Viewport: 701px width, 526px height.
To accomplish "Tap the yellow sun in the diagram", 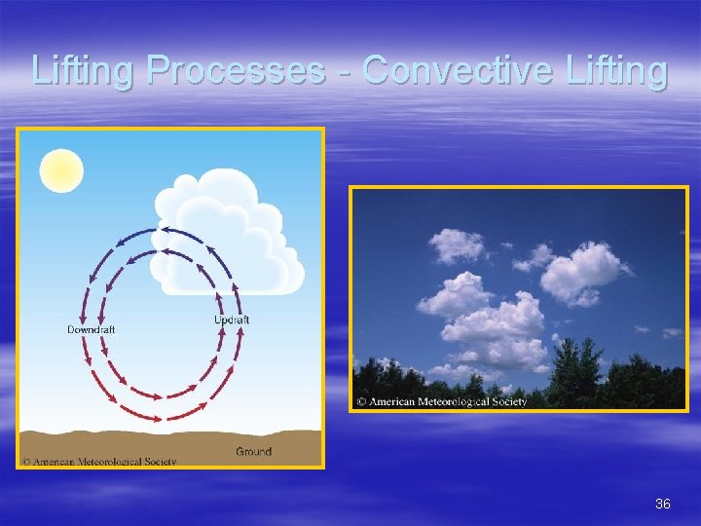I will [61, 170].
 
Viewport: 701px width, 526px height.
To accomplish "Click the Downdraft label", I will [91, 329].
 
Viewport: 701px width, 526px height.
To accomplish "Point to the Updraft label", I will [231, 319].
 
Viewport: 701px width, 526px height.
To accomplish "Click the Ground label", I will [253, 451].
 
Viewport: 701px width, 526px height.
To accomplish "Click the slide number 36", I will [663, 504].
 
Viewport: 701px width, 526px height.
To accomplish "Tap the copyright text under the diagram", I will [98, 461].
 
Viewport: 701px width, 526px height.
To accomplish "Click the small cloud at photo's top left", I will [456, 244].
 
